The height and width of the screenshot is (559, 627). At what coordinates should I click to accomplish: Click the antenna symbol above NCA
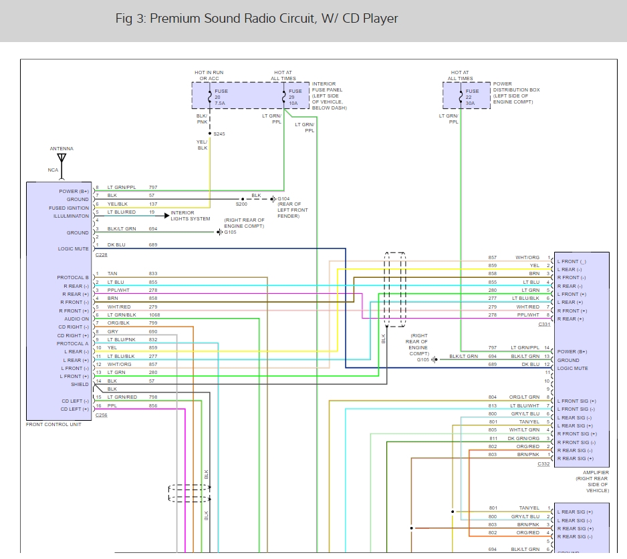click(61, 159)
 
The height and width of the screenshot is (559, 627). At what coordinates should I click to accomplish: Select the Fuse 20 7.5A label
click(221, 98)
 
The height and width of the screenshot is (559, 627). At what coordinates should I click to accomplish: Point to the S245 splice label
click(219, 134)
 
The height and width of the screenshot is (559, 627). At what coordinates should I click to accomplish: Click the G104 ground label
click(284, 199)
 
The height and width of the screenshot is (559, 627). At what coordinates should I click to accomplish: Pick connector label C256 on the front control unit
click(102, 415)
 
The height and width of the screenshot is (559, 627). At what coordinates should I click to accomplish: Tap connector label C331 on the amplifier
click(544, 325)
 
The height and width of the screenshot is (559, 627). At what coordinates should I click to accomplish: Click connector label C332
click(544, 463)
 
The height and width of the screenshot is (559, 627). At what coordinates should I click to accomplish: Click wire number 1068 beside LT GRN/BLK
click(155, 315)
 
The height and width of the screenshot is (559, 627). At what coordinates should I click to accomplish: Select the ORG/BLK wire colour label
click(118, 323)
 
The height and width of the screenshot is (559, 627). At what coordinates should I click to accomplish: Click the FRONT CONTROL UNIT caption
click(53, 425)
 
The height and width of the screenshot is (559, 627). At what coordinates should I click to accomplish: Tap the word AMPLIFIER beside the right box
click(596, 473)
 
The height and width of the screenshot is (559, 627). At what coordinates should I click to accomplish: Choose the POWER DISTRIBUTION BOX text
click(516, 90)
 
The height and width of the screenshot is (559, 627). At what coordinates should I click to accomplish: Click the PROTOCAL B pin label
click(72, 278)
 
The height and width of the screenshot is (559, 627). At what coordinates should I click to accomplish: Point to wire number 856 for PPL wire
click(153, 405)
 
